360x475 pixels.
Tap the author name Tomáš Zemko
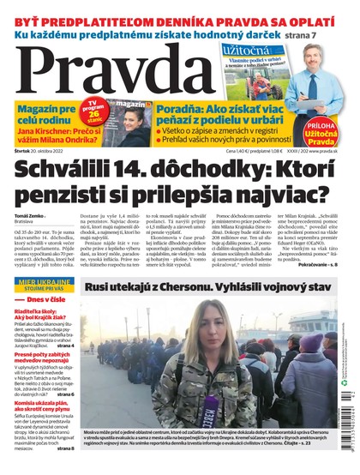31,215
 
